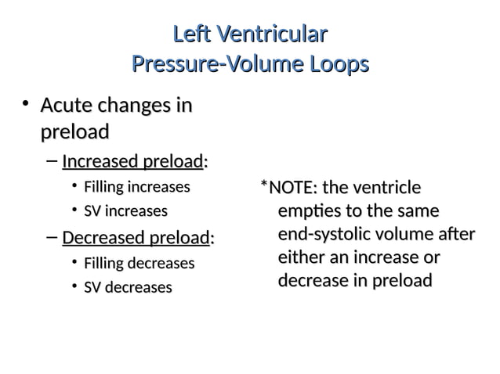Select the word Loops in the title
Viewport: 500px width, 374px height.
pyautogui.click(x=333, y=63)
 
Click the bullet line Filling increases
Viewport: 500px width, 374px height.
pyautogui.click(x=137, y=188)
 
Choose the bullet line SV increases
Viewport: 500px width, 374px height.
pyautogui.click(x=125, y=211)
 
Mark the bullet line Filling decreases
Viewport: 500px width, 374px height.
pyautogui.click(x=139, y=264)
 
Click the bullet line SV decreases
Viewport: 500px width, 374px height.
pyautogui.click(x=128, y=287)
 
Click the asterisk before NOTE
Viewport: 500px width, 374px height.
pyautogui.click(x=264, y=186)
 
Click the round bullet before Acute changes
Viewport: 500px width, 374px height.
pyautogui.click(x=25, y=104)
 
